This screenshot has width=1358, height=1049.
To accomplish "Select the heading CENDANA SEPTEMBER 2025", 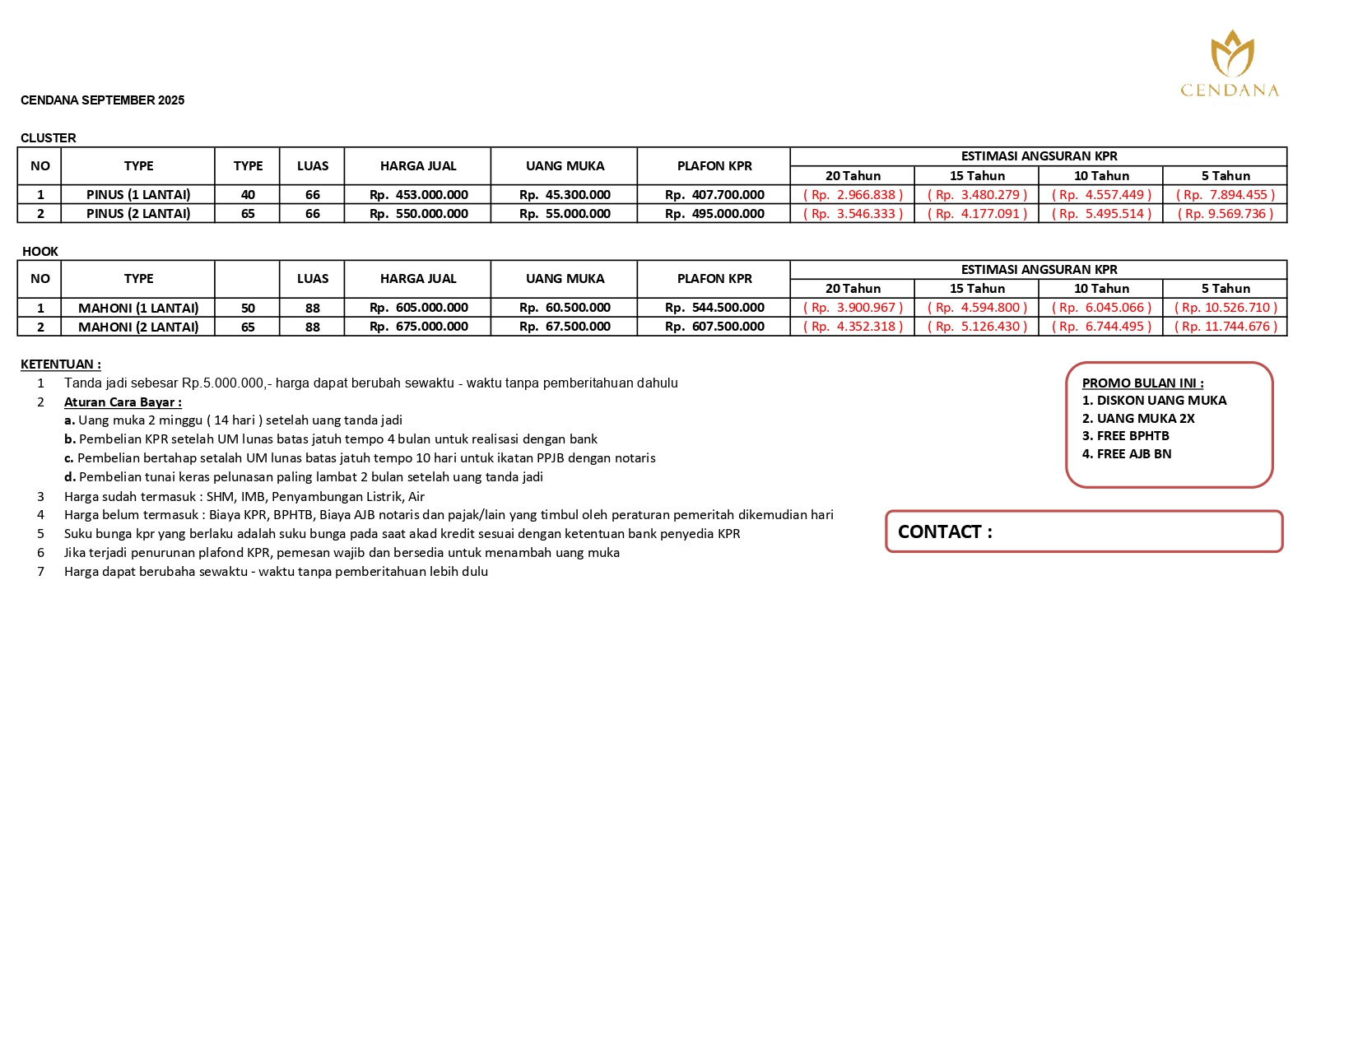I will (x=102, y=100).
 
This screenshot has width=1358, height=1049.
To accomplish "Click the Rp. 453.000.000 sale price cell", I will (x=418, y=195).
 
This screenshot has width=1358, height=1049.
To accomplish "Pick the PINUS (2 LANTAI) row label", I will (x=138, y=214).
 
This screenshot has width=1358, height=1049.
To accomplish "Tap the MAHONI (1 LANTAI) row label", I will (x=138, y=308).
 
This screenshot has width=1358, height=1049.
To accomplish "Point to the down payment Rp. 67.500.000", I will (x=565, y=327).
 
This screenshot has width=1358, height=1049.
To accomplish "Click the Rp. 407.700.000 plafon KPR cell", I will (x=714, y=195).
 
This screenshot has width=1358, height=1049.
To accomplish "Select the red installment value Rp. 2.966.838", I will (x=853, y=195).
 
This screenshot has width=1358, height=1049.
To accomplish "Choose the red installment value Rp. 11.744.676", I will (x=1225, y=327).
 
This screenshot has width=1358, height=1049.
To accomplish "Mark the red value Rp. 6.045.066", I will (x=1101, y=308).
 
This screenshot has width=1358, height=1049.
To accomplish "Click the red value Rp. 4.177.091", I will (x=977, y=214).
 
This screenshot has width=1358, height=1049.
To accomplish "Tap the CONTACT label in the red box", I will (x=945, y=532).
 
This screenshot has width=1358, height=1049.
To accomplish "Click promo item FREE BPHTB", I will (x=1125, y=436).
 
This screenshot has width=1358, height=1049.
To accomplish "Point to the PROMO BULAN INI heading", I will (x=1142, y=383).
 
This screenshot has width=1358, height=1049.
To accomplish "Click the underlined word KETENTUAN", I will (x=60, y=364).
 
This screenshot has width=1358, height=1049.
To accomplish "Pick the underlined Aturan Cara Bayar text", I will (x=123, y=402).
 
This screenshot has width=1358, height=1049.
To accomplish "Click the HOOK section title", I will (x=40, y=252).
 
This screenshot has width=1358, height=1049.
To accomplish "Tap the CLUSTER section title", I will (x=49, y=138).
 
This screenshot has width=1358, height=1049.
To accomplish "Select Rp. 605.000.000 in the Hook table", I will (x=418, y=308).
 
